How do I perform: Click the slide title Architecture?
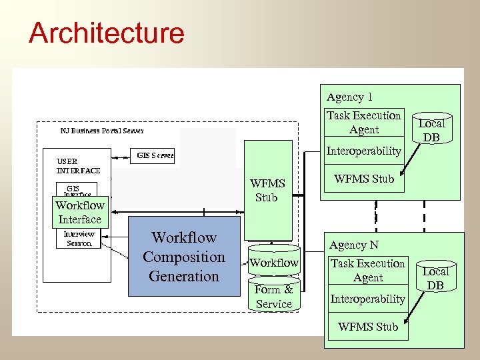pos(107,33)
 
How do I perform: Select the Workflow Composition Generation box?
pos(184,257)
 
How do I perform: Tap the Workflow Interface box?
pos(80,213)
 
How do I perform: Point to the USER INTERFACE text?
pos(78,166)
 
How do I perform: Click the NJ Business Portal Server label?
pos(101,131)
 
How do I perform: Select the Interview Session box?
pos(79,239)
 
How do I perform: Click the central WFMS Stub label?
pos(267,191)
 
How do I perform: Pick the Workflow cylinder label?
pos(274,263)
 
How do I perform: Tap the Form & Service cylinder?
pos(274,297)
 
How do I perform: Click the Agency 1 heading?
pos(349,97)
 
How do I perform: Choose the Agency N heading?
pos(353,245)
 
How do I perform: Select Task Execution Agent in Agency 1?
pos(364,123)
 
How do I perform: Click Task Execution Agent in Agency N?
pos(368,271)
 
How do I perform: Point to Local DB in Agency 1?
pos(431,130)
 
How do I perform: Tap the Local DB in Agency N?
pos(435,278)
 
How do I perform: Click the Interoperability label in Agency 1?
pos(364,151)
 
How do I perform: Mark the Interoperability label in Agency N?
pos(368,299)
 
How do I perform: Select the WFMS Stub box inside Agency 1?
pos(364,179)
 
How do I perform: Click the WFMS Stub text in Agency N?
pos(368,327)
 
